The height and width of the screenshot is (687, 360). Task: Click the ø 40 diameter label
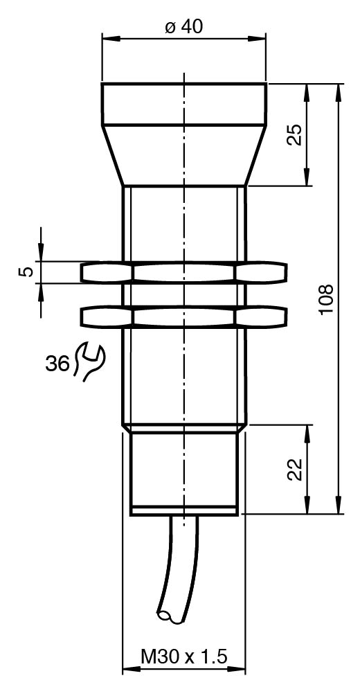(184, 27)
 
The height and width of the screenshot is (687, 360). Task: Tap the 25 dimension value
(295, 134)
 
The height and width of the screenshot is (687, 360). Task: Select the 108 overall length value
(326, 298)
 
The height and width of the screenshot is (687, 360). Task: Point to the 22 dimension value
(296, 470)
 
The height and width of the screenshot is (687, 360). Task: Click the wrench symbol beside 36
(91, 362)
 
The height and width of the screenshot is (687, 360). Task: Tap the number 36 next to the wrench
(57, 363)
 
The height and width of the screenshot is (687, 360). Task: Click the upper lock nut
(184, 273)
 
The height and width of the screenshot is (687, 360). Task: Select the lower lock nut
(184, 316)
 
